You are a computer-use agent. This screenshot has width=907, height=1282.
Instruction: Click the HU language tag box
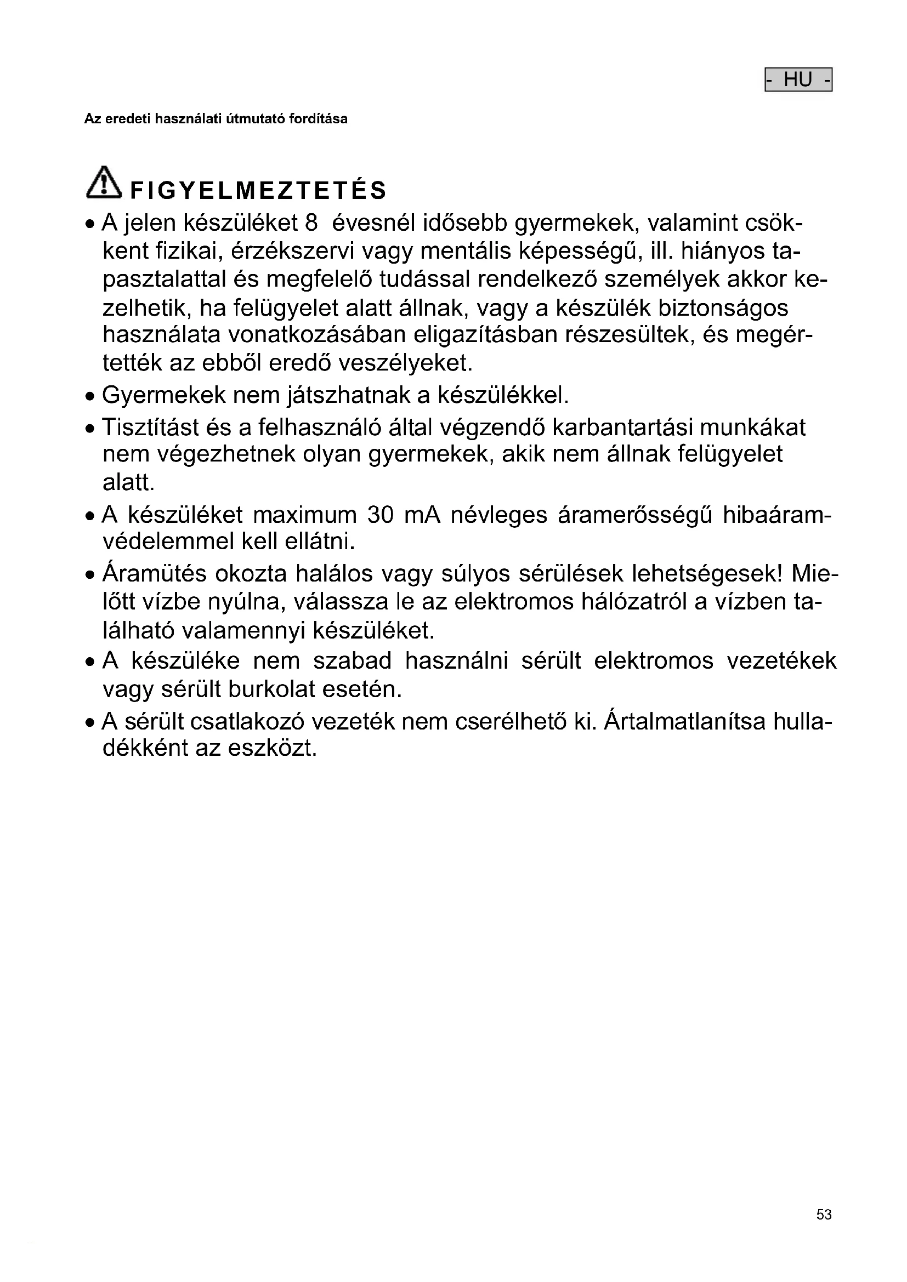tap(798, 80)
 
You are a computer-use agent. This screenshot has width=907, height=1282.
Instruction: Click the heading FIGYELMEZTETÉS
tap(258, 191)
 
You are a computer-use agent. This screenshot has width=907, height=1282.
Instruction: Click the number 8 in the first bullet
tap(311, 223)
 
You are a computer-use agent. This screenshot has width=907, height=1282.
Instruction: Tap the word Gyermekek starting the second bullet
tap(163, 395)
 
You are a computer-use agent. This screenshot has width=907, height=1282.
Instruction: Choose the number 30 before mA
tap(381, 515)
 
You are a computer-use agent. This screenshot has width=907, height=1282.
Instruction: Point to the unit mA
tap(422, 515)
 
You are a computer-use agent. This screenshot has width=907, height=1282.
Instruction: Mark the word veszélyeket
tap(406, 363)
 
